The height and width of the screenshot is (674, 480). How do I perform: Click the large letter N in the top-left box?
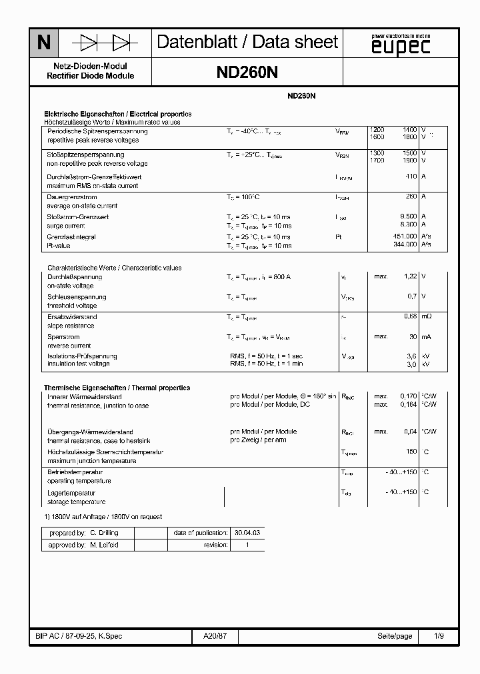(x=44, y=43)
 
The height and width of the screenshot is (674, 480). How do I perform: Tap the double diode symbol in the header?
(x=105, y=43)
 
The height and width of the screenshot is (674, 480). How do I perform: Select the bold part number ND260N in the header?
(x=247, y=73)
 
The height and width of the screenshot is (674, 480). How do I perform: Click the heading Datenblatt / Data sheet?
(x=247, y=43)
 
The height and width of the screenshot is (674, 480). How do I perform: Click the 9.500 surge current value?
(x=408, y=216)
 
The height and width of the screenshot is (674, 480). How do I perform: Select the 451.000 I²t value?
(x=405, y=236)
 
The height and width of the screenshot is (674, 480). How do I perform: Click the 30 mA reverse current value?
(x=413, y=337)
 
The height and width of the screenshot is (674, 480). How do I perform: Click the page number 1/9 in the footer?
(x=439, y=636)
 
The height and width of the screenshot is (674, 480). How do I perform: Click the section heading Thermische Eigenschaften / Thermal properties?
(x=117, y=388)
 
